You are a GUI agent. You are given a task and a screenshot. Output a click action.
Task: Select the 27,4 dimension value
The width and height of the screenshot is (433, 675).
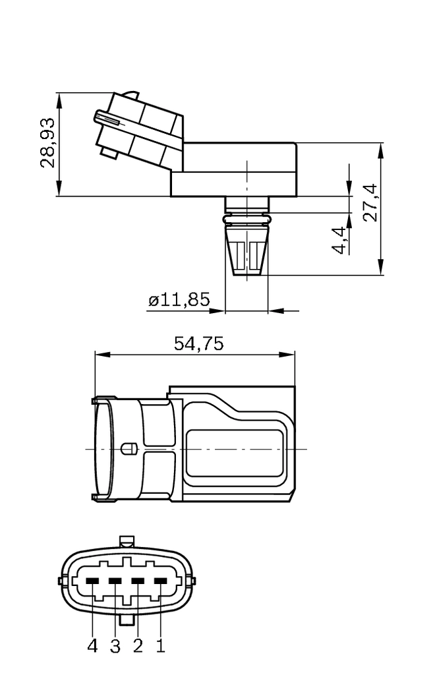pos(370,202)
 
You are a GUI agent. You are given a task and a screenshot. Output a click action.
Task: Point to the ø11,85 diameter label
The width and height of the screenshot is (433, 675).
pos(179,301)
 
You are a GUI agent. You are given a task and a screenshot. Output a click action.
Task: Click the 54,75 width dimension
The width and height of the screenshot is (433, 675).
pos(198,343)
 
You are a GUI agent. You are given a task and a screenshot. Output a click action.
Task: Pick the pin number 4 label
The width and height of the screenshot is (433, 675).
pos(92,646)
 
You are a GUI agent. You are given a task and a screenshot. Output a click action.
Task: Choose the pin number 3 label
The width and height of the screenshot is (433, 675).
pos(115,646)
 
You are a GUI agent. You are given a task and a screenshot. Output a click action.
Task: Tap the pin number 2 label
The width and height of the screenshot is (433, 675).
pos(138,646)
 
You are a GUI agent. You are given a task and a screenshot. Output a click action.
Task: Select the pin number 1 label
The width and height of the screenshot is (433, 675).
pos(160,646)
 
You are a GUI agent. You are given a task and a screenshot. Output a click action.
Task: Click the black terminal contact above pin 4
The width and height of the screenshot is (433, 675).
pos(92,581)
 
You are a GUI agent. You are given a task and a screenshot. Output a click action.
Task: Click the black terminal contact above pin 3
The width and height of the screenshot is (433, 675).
pos(115,581)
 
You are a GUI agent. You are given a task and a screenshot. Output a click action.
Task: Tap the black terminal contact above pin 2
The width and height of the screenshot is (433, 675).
pos(138,581)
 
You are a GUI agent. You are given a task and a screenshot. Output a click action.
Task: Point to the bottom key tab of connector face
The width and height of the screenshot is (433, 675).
pos(127,620)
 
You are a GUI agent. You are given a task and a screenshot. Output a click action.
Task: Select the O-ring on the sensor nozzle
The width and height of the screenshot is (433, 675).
pos(246,217)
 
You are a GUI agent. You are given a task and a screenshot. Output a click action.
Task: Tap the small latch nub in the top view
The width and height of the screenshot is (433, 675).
pos(129,449)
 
